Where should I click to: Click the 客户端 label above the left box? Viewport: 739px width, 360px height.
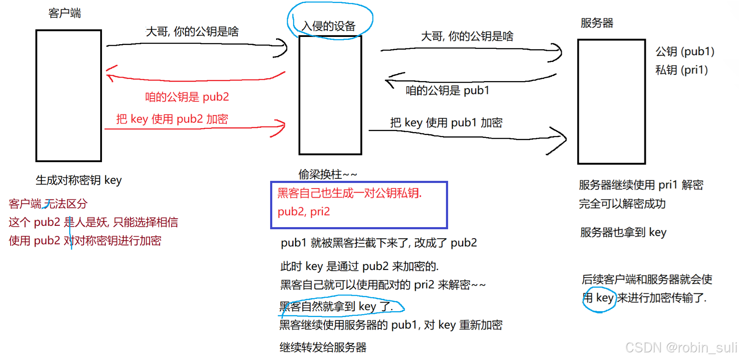pos(65,13)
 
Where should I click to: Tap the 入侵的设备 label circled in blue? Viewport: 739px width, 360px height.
pos(328,26)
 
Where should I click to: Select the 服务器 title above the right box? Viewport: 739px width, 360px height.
pos(597,23)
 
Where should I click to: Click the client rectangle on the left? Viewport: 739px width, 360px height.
pos(69,96)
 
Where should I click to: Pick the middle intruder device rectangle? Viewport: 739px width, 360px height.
pos(330,95)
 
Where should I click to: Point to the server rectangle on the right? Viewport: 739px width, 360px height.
pos(612,101)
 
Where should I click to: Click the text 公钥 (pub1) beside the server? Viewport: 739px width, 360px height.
pos(685,51)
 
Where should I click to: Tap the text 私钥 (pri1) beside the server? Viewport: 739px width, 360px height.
pos(681,70)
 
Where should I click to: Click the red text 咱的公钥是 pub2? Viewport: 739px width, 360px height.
pos(187,97)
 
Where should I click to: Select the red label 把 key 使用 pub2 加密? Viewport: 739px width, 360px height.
pos(172,119)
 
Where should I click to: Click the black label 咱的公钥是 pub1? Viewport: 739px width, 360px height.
pos(447,90)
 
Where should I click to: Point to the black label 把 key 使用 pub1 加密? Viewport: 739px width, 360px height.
pos(446,123)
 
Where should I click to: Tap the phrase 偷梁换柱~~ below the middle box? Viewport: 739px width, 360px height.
pos(327,174)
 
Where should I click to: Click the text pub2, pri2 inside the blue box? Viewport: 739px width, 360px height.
pos(304,211)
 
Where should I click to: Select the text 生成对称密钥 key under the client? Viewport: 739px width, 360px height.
pos(79,180)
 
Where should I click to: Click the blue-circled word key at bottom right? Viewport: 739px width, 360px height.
pos(604,298)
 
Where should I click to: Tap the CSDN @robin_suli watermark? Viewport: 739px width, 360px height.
pos(681,348)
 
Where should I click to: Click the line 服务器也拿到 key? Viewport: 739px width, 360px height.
pos(623,232)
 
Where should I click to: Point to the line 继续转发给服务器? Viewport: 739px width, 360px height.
pos(323,347)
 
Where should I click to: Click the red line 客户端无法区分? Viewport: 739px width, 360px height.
pos(48,204)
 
